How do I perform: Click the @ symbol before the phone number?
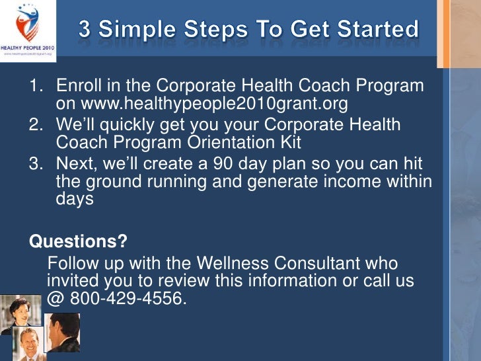click(x=55, y=299)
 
